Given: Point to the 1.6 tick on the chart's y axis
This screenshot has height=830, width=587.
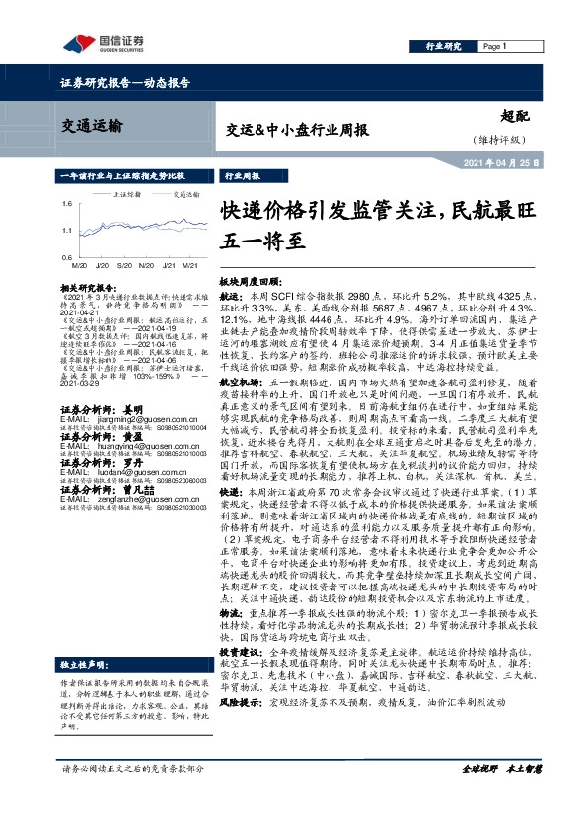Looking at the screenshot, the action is click(64, 203).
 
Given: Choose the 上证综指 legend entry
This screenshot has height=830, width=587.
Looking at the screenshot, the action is click(127, 195).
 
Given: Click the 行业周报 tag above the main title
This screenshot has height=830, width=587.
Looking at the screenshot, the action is click(243, 175).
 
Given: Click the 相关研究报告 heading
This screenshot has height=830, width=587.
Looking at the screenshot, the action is click(89, 286).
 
